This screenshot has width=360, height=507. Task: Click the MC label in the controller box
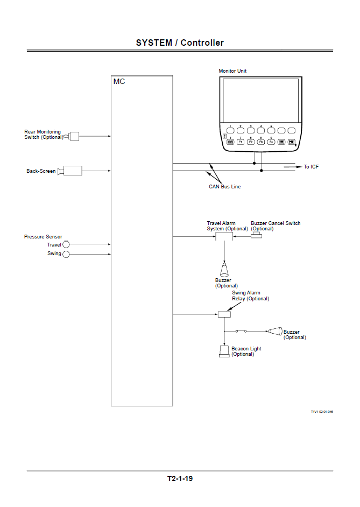click(119, 82)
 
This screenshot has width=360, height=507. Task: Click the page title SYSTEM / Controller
click(180, 43)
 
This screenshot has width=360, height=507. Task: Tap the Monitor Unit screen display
click(260, 100)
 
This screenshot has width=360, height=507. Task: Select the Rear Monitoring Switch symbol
click(73, 137)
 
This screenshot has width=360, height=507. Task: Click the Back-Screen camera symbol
click(71, 171)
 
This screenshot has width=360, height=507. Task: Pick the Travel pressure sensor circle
click(66, 245)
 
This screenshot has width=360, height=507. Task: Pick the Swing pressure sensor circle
click(66, 253)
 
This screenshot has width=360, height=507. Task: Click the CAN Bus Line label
click(224, 187)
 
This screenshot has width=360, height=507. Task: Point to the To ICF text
click(311, 167)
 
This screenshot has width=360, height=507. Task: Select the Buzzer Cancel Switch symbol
click(256, 235)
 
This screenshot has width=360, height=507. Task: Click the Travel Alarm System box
click(224, 236)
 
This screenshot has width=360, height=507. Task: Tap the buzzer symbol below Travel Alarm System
click(224, 269)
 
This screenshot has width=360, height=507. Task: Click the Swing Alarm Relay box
click(224, 314)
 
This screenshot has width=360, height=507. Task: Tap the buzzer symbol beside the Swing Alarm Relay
click(276, 331)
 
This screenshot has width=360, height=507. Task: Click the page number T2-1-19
click(180, 478)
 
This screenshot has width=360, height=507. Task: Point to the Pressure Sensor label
click(43, 237)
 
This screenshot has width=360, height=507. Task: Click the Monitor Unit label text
click(232, 71)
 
